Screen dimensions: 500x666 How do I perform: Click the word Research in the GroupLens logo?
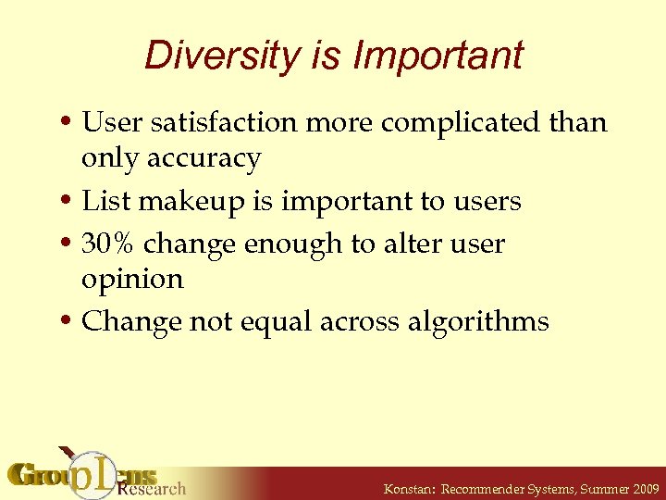click(153, 488)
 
